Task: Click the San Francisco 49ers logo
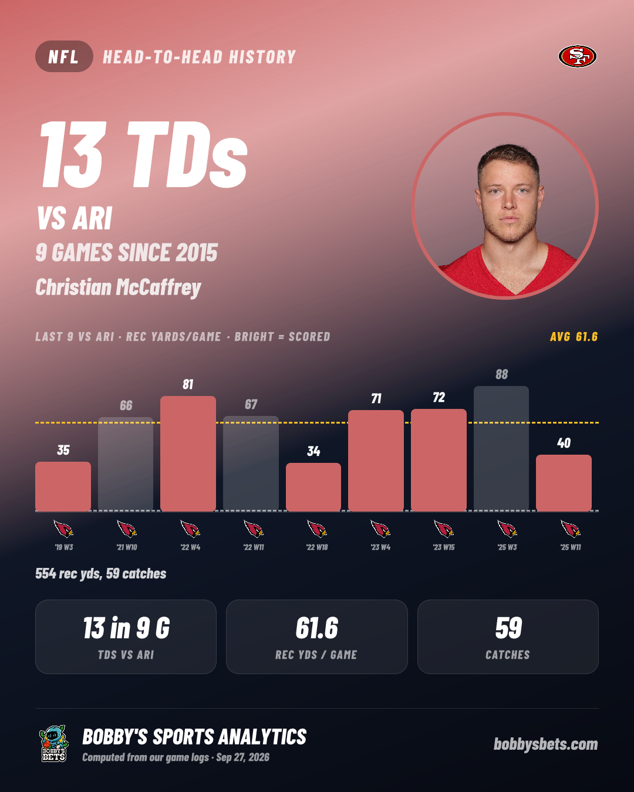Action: (577, 56)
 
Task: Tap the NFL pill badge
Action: (64, 56)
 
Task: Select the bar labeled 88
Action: (501, 449)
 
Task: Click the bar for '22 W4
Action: (188, 453)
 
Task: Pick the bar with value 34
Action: (313, 487)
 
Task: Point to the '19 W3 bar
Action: (63, 486)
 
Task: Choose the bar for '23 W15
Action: (439, 460)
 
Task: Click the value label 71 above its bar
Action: (376, 398)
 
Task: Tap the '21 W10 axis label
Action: (127, 547)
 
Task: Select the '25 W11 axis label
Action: (571, 547)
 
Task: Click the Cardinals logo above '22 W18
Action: (317, 529)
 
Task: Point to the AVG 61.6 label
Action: (574, 337)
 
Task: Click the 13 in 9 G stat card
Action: (126, 637)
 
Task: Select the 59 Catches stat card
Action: (508, 637)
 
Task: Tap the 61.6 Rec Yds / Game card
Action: (317, 637)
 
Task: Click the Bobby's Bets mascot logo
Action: (54, 743)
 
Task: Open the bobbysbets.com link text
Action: (545, 744)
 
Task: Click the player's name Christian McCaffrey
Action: (118, 287)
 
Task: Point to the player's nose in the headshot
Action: (509, 202)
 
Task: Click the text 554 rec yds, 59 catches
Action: (100, 573)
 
